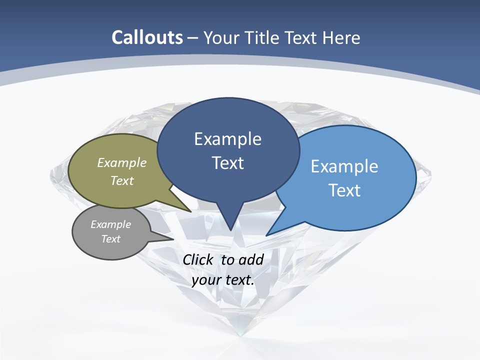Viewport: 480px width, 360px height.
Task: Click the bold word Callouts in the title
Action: coord(147,38)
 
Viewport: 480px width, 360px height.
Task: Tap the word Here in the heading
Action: coord(342,38)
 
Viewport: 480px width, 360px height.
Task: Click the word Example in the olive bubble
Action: coord(122,162)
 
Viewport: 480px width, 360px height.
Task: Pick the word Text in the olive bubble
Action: coord(122,180)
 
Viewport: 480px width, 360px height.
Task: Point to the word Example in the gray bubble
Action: coord(111,224)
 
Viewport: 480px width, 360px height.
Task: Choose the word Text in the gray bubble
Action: coord(111,239)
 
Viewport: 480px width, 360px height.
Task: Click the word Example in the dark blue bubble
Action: coord(228,139)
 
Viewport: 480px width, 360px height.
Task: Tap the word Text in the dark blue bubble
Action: coord(228,163)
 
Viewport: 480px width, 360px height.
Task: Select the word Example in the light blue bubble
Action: coord(344,166)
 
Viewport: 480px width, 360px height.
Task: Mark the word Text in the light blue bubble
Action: coord(344,190)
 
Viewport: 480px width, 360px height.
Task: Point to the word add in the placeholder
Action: coord(251,259)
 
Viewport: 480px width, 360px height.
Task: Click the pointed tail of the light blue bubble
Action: coord(268,233)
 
